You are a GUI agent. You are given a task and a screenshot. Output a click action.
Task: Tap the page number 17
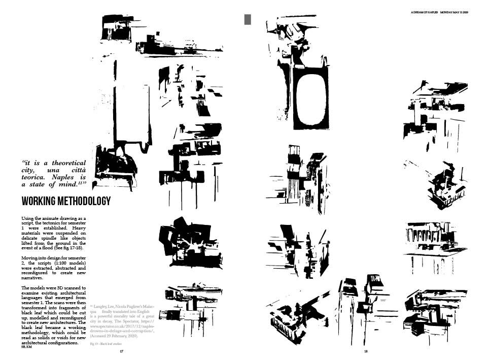[x=121, y=351]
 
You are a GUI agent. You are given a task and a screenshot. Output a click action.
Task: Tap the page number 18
[x=365, y=351]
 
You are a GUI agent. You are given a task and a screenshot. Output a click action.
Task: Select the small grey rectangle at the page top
[x=248, y=19]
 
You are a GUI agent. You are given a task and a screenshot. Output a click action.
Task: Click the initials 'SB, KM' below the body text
[x=26, y=347]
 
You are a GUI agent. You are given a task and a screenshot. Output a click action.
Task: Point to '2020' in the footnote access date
[x=130, y=336]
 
